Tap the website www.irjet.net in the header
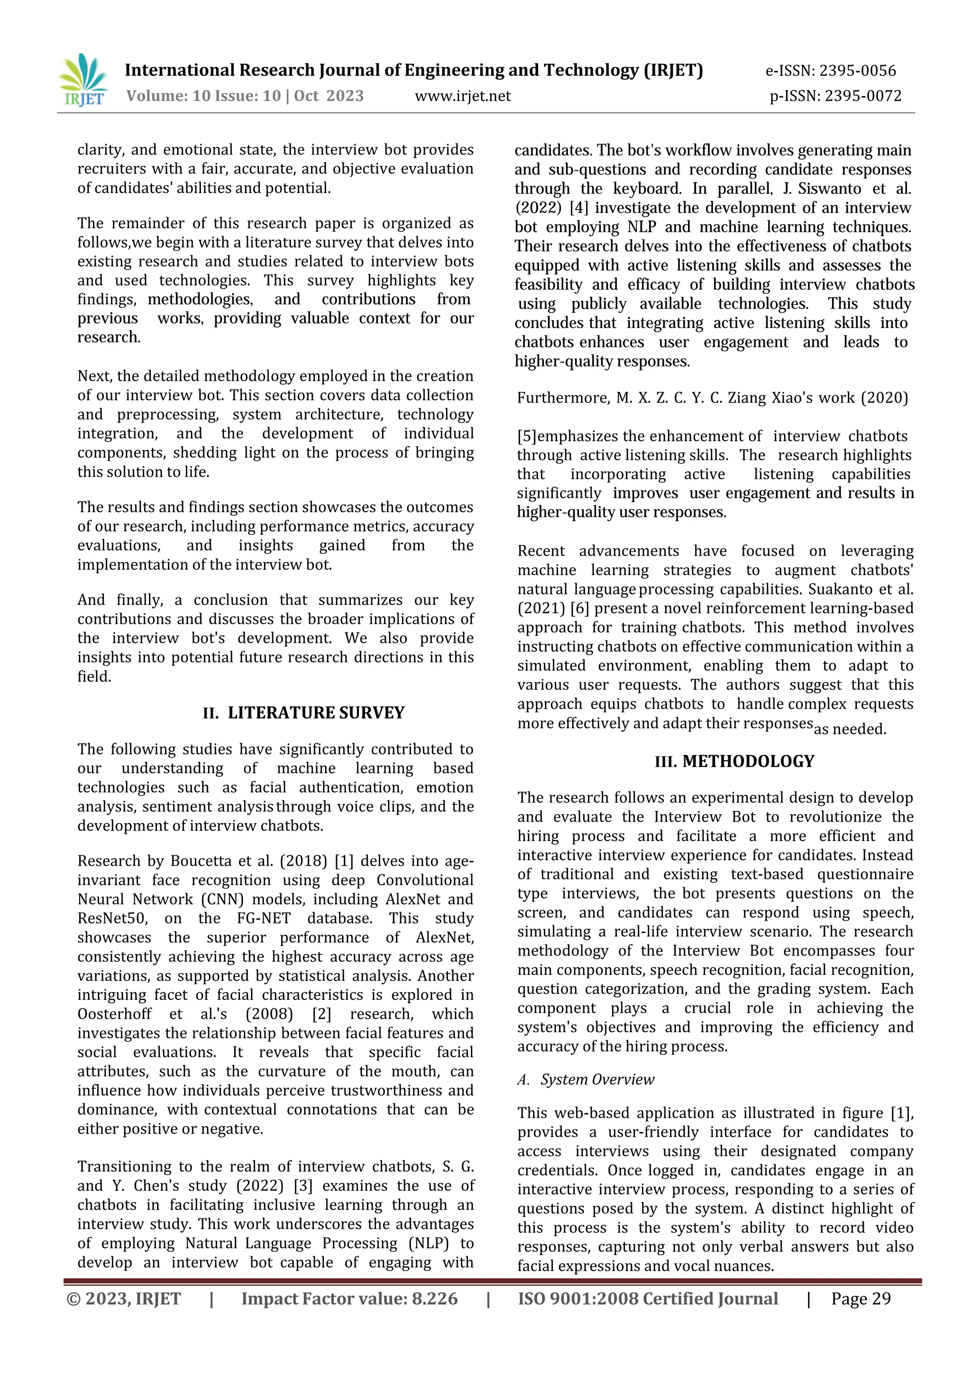click(463, 96)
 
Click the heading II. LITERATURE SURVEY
click(304, 713)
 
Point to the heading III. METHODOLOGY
click(734, 761)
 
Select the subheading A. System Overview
click(586, 1080)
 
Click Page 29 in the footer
click(861, 1299)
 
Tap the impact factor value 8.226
click(434, 1299)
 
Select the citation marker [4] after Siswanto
click(578, 208)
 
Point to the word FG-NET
click(264, 918)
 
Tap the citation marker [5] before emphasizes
click(527, 437)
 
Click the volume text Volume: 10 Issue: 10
click(203, 96)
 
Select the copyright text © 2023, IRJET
click(124, 1299)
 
